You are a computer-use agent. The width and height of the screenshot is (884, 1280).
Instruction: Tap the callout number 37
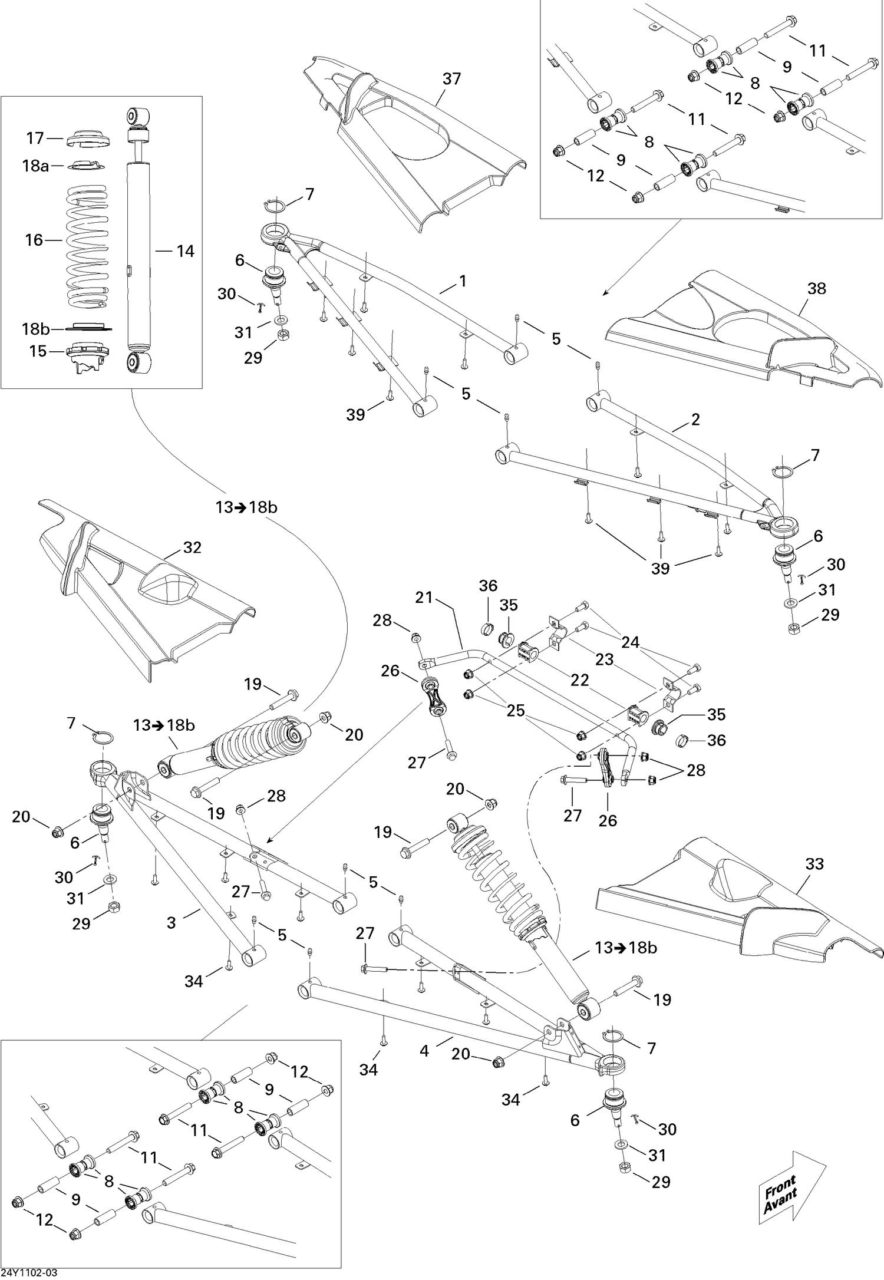point(451,79)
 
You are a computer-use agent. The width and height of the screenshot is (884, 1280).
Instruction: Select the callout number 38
point(817,289)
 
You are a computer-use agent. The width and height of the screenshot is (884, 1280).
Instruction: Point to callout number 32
point(192,547)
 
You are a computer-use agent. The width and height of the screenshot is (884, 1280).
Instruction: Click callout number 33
point(814,865)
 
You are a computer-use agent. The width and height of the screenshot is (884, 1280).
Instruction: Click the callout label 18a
point(35,166)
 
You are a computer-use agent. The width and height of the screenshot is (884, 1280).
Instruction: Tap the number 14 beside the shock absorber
point(185,252)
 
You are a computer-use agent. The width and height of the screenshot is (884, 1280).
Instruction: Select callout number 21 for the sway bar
point(424,598)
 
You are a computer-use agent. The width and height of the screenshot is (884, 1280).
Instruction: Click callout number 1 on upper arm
point(463,282)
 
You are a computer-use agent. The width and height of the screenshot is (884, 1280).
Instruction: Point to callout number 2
point(695,420)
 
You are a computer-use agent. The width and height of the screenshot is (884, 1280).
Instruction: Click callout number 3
point(171,923)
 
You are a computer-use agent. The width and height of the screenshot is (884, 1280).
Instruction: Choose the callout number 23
point(604,659)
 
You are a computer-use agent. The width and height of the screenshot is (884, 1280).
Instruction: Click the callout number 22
point(580,680)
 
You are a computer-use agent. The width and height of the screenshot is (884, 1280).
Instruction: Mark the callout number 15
point(38,351)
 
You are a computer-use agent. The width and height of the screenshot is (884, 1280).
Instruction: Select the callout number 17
point(35,138)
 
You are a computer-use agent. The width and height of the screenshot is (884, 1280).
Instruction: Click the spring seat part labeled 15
point(87,356)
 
